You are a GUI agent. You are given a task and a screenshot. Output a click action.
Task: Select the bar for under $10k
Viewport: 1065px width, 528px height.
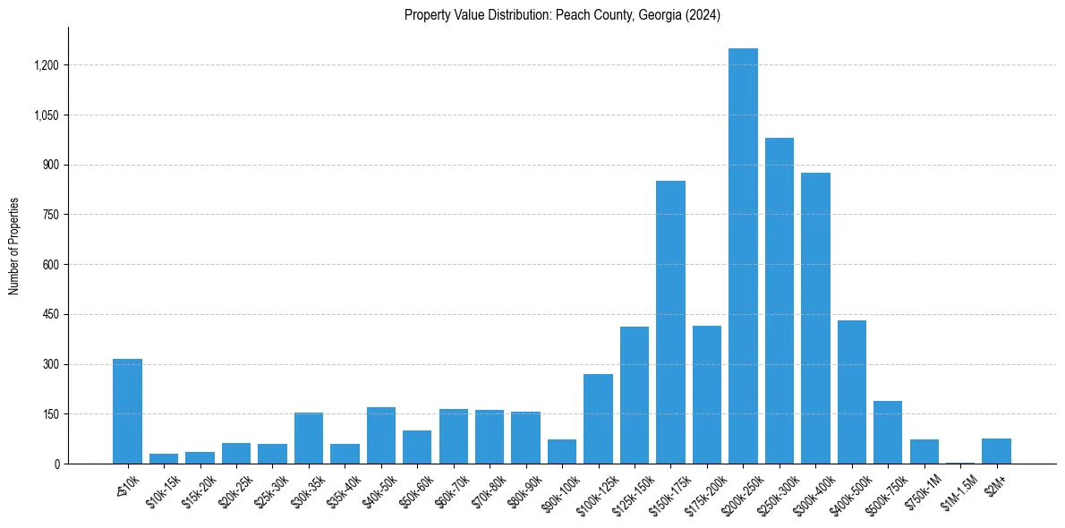(127, 411)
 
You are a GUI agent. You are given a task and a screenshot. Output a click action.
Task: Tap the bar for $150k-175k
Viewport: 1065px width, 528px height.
(670, 322)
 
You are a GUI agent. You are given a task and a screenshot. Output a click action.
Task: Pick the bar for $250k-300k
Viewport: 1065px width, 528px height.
(780, 301)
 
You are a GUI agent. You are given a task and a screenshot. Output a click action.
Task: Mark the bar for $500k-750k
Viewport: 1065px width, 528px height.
(888, 432)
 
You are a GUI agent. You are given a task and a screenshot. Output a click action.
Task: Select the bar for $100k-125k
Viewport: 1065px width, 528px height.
(598, 419)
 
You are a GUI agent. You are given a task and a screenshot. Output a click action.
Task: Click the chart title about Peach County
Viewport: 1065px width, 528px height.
(562, 15)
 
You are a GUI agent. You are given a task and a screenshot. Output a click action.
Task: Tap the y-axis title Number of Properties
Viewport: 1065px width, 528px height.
(14, 246)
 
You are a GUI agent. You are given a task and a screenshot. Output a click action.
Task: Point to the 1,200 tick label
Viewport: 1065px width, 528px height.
(47, 65)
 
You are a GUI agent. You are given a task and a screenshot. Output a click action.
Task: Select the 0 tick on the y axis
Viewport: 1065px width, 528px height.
(57, 464)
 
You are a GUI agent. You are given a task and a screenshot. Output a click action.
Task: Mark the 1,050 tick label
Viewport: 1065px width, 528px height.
(47, 115)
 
